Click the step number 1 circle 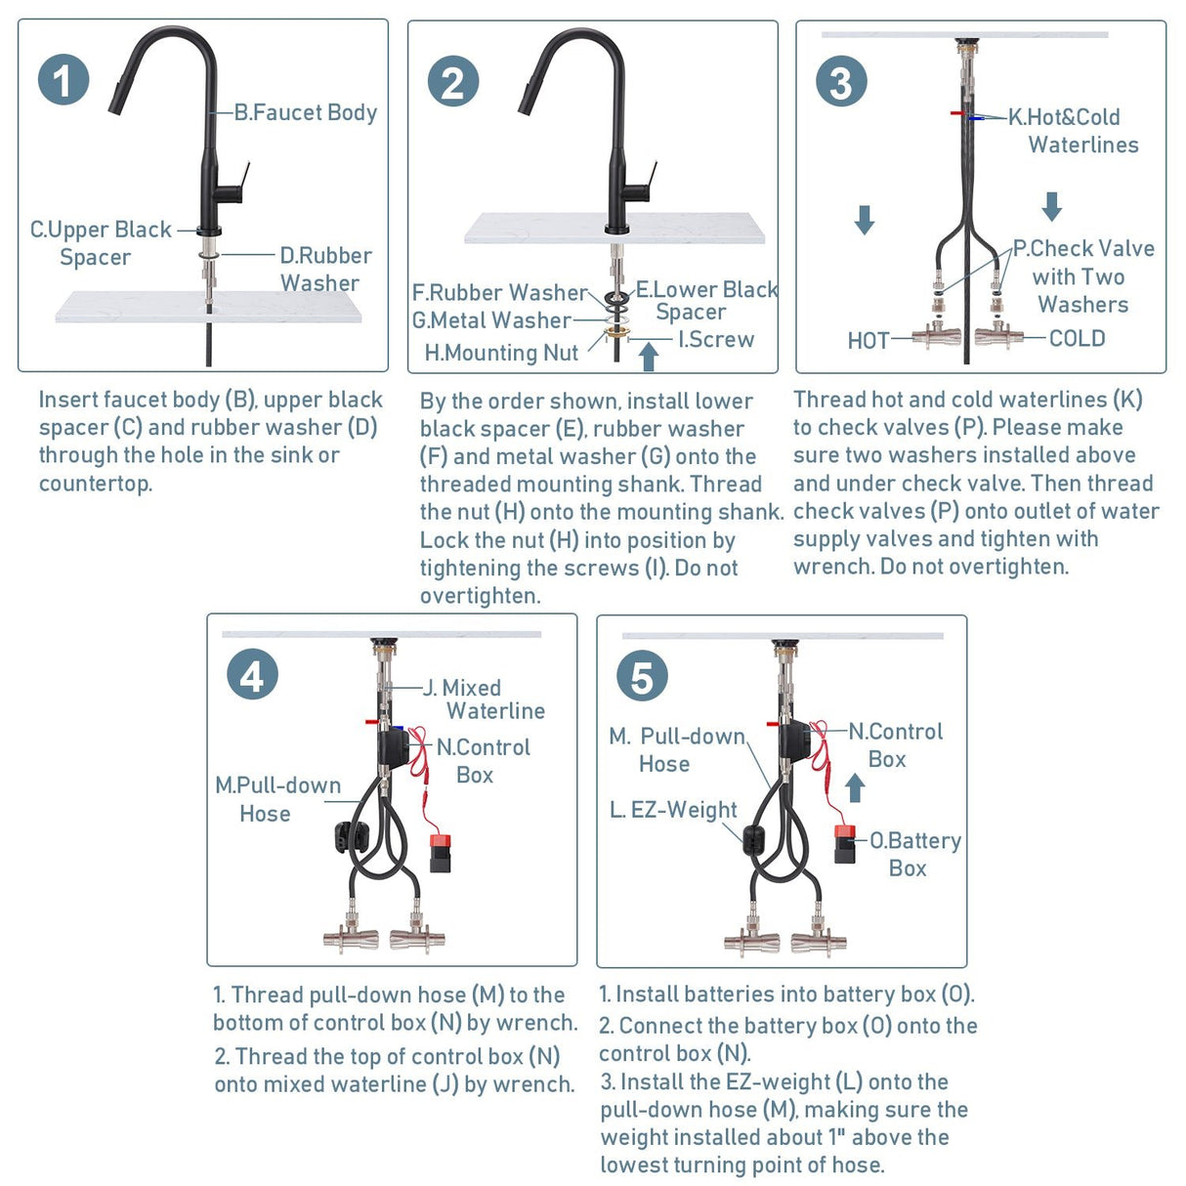(x=64, y=81)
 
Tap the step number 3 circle (x=841, y=82)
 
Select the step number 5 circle (x=642, y=676)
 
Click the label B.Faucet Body (x=305, y=112)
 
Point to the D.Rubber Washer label (x=324, y=269)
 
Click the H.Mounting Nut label (x=501, y=353)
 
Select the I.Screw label (x=716, y=339)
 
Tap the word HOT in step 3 (x=868, y=341)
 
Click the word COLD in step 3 (x=1077, y=338)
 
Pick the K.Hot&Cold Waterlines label (x=1073, y=131)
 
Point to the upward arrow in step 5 (x=855, y=787)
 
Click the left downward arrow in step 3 (x=865, y=219)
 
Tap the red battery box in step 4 (x=440, y=851)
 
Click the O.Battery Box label (x=914, y=854)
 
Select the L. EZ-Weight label (x=673, y=810)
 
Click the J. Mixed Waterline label (x=484, y=699)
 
